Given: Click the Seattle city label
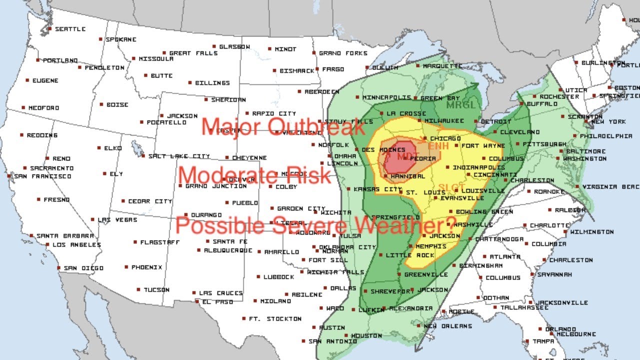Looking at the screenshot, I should click(70, 29).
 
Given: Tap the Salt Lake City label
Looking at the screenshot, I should click(179, 156).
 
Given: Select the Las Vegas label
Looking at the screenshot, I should click(111, 219).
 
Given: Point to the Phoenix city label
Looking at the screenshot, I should click(146, 267).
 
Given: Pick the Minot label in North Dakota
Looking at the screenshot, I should click(285, 49).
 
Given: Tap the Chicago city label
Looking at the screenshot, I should click(444, 138).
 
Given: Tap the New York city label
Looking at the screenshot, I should click(608, 121).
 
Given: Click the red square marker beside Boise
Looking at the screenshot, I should click(101, 104).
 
